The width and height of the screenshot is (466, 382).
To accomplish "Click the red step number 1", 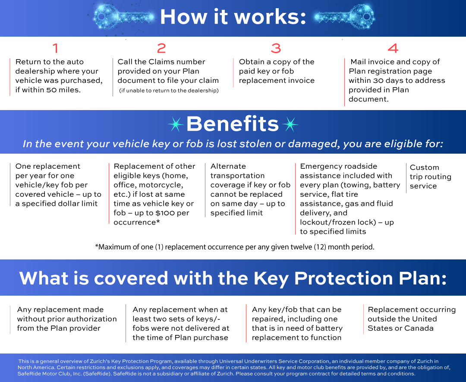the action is [55, 48].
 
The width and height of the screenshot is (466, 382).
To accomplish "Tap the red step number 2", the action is [161, 48].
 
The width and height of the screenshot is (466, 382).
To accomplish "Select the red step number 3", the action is [276, 48].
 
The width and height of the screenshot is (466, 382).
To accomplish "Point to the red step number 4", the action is [393, 48].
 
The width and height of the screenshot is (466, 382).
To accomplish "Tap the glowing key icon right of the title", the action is [344, 17].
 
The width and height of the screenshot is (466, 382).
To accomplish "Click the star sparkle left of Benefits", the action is [176, 124].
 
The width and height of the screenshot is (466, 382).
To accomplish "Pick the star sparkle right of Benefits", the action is [290, 124].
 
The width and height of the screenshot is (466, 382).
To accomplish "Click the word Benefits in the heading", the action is [233, 124].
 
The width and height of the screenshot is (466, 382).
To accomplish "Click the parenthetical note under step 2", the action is [169, 90].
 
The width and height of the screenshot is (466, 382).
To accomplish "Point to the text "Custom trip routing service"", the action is [430, 177].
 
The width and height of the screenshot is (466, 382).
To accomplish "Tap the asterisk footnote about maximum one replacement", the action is [234, 247].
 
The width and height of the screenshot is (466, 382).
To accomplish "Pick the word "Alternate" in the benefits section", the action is [228, 166].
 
